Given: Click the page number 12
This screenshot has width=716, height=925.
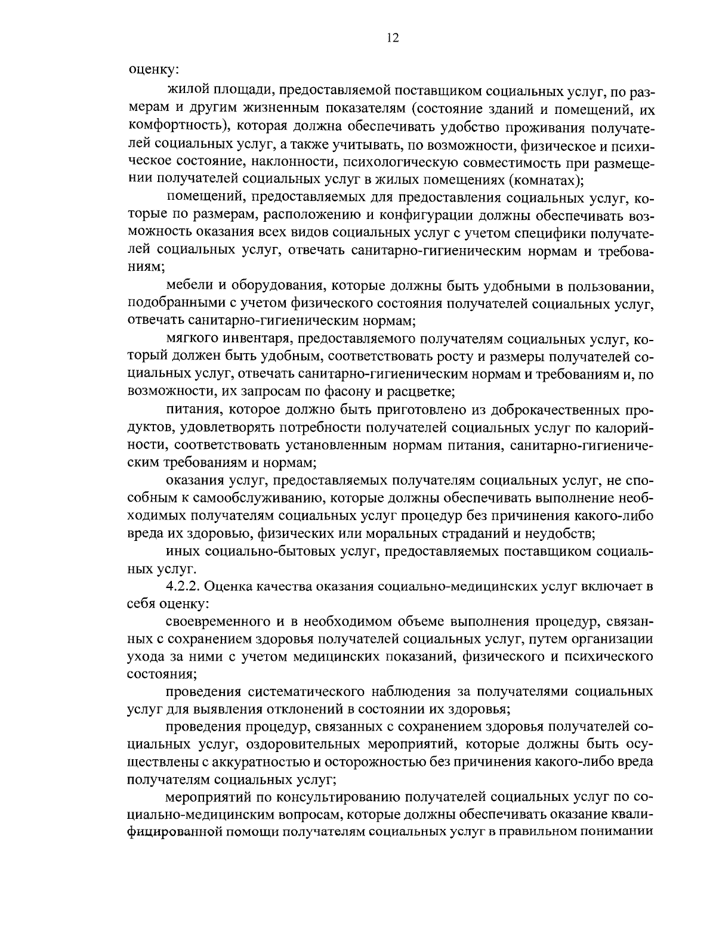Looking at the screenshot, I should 392,38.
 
